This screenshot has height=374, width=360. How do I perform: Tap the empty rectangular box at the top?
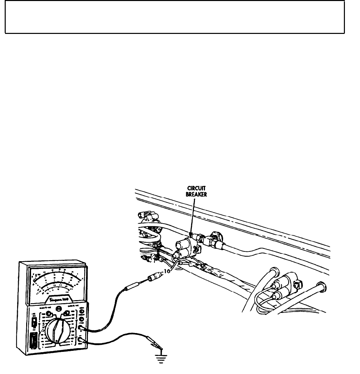coord(175,17)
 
